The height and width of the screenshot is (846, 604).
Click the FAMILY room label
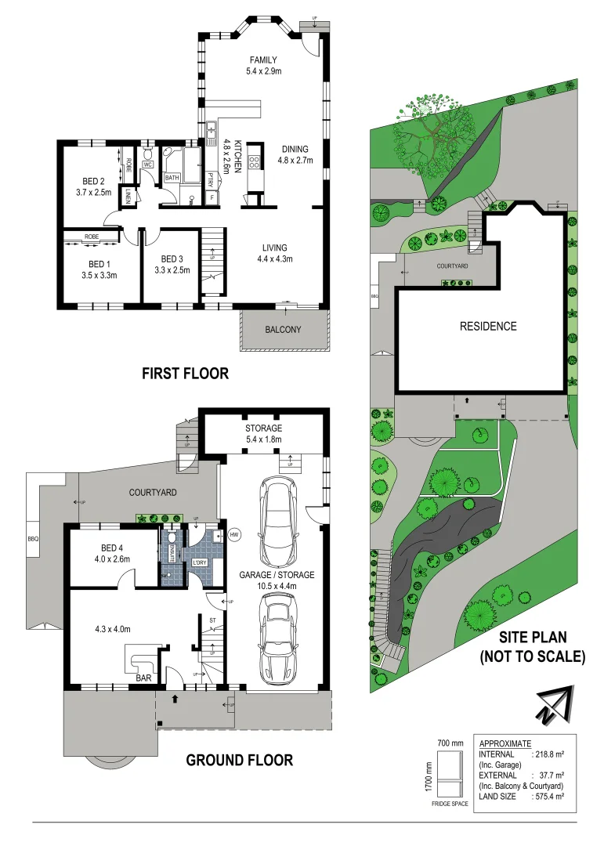point(264,60)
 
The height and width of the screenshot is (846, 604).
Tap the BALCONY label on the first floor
point(282,329)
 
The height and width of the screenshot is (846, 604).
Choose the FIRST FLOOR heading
point(185,374)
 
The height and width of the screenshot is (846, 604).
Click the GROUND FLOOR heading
point(239,759)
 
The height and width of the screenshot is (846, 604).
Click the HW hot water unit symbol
point(234,536)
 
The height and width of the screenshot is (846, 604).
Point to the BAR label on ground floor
point(143,678)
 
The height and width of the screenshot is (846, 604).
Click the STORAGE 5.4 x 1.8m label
point(263,434)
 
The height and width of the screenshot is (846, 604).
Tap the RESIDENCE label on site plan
point(487,326)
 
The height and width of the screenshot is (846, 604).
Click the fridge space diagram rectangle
point(450,775)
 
